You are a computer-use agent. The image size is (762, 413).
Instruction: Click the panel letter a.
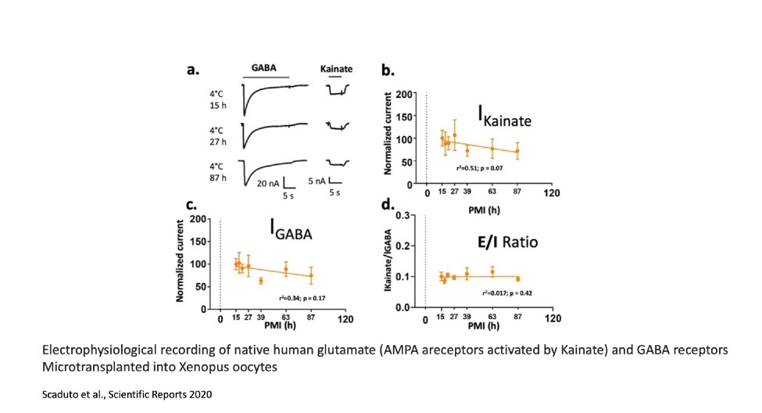pyautogui.click(x=192, y=71)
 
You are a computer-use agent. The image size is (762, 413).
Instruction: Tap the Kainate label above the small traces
pyautogui.click(x=336, y=69)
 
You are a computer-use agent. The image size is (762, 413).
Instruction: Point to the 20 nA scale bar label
pyautogui.click(x=269, y=184)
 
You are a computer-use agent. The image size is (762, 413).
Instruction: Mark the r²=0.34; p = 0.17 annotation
pyautogui.click(x=301, y=298)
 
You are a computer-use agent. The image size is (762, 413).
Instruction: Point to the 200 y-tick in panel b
pyautogui.click(x=405, y=94)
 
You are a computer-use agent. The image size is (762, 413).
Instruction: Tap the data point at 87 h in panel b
pyautogui.click(x=517, y=152)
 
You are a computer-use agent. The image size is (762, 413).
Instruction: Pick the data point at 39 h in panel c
pyautogui.click(x=261, y=280)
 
